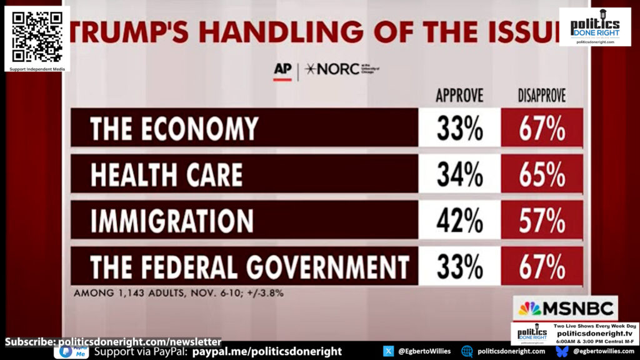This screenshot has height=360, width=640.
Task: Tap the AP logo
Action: pyautogui.click(x=282, y=70)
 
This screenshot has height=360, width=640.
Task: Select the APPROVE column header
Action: pyautogui.click(x=459, y=96)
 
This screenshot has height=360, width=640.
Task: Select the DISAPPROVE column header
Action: pyautogui.click(x=541, y=96)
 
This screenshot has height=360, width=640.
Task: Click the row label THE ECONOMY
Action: pyautogui.click(x=174, y=129)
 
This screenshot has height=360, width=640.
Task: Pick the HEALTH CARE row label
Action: pyautogui.click(x=166, y=174)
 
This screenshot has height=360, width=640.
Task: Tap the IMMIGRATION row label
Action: pyautogui.click(x=172, y=221)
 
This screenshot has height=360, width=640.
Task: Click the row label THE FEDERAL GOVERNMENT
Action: pyautogui.click(x=249, y=267)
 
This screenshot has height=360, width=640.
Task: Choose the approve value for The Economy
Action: pyautogui.click(x=459, y=129)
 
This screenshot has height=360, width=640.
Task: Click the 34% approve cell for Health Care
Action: pyautogui.click(x=459, y=174)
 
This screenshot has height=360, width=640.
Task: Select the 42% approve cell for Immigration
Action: pyautogui.click(x=459, y=221)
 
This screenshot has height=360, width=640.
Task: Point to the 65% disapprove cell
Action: pyautogui.click(x=542, y=174)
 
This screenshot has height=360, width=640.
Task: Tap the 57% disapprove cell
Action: pyautogui.click(x=542, y=221)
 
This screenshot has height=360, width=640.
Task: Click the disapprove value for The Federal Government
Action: pyautogui.click(x=542, y=267)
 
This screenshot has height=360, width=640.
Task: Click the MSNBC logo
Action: pyautogui.click(x=566, y=309)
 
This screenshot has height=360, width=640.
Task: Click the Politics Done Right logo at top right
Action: pyautogui.click(x=594, y=26)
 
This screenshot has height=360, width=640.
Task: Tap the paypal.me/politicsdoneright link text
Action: pyautogui.click(x=267, y=351)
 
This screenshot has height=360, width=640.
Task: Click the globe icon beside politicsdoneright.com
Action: pyautogui.click(x=467, y=351)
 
